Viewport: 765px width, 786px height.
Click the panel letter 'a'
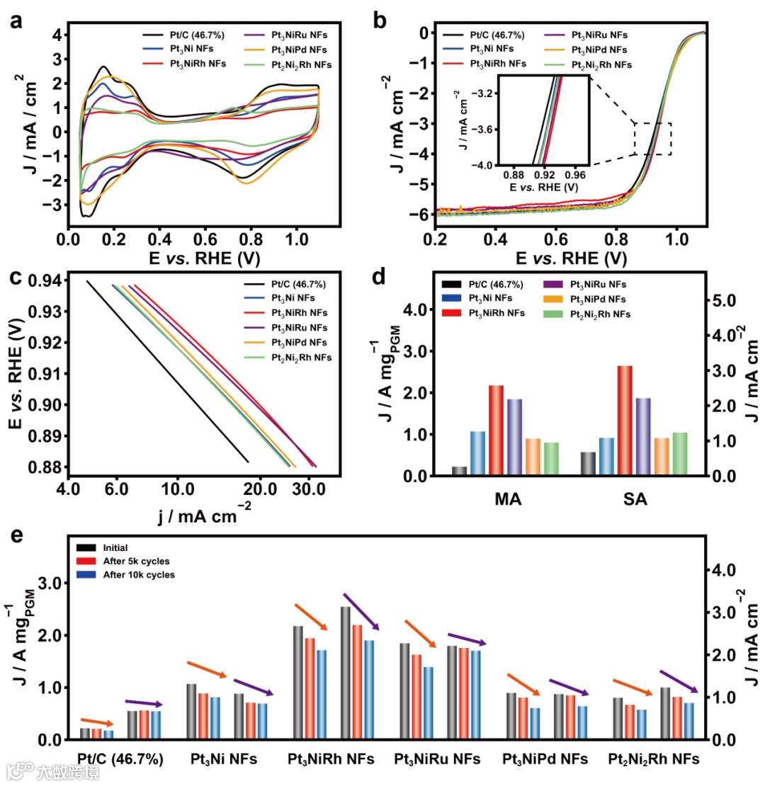[x=16, y=21]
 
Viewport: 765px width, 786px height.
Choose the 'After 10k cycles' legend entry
[x=138, y=575]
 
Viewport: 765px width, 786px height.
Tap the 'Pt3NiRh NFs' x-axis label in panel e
[x=336, y=760]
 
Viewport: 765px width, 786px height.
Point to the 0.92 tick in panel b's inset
[x=544, y=173]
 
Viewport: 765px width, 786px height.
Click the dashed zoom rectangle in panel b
[x=652, y=139]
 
